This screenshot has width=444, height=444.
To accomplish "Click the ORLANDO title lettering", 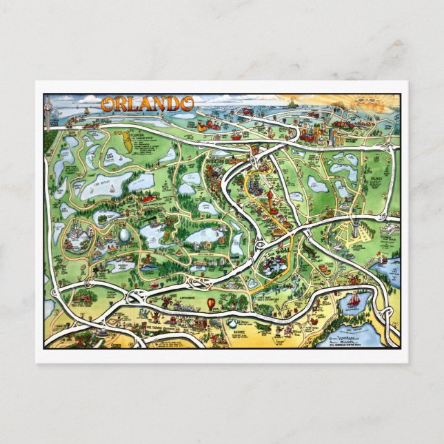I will [148, 104].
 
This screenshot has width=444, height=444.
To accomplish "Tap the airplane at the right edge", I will [390, 228].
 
